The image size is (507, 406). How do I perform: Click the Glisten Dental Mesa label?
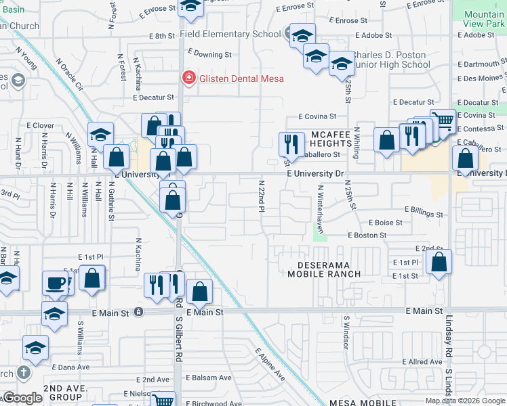pos(241,78)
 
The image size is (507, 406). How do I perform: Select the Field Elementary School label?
pos(234,34)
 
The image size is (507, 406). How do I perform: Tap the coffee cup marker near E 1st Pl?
pos(56,283)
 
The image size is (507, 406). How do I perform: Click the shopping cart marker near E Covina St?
pos(443,121)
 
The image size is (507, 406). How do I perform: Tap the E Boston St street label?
pos(367,235)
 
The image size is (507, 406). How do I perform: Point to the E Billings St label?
pos(423,214)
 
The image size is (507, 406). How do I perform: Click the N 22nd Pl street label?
pos(261,196)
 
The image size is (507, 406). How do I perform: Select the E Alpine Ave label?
pos(270,364)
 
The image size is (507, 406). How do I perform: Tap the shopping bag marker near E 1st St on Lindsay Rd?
pos(439,263)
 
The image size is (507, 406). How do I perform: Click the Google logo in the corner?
pos(22,398)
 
